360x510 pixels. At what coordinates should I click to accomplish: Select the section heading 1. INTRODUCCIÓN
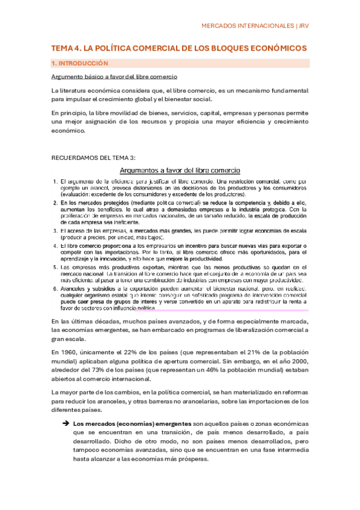(x=80, y=63)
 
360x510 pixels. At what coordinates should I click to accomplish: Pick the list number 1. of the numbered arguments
(x=55, y=181)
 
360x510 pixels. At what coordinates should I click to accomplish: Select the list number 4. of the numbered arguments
(x=55, y=247)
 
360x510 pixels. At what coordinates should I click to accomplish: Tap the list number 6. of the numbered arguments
(x=55, y=289)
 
